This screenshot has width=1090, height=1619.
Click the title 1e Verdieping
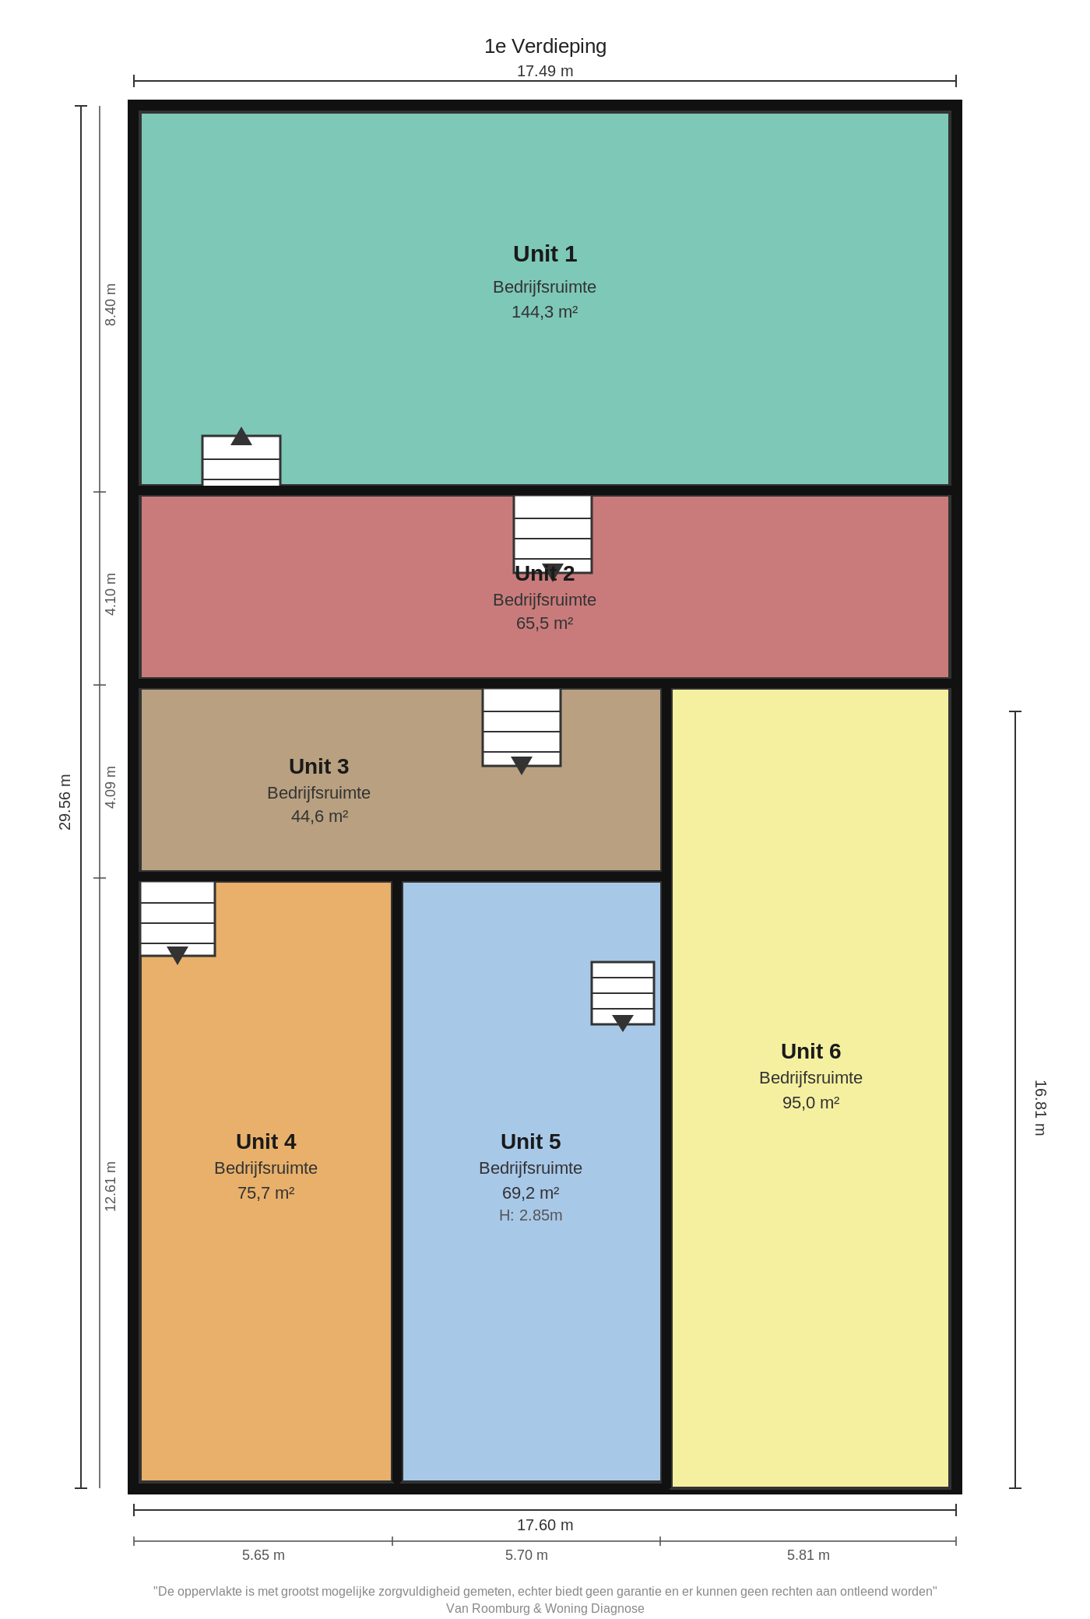tap(545, 47)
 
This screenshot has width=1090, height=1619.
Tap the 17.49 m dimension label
tap(545, 71)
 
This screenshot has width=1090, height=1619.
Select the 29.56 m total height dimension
tap(65, 802)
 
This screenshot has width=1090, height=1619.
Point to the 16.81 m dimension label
tap(1040, 1108)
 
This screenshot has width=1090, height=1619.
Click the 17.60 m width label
tap(545, 1525)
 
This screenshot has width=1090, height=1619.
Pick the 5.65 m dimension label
tap(263, 1555)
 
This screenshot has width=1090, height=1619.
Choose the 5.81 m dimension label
tap(808, 1555)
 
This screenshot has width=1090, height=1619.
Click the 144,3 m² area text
tap(545, 312)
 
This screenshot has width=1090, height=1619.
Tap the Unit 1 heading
tap(545, 254)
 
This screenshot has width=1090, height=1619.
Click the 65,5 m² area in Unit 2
tap(545, 623)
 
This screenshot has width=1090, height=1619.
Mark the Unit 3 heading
tap(319, 767)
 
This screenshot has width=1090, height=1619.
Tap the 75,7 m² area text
tap(266, 1193)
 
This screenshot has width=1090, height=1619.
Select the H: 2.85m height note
tap(531, 1216)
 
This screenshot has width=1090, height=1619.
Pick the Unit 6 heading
tap(811, 1052)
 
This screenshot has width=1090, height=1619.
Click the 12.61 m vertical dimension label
tap(111, 1186)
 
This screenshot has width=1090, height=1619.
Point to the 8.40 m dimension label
tap(111, 304)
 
